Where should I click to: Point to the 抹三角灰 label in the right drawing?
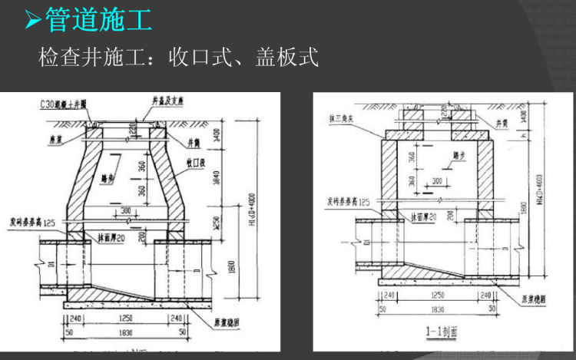(339, 117)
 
